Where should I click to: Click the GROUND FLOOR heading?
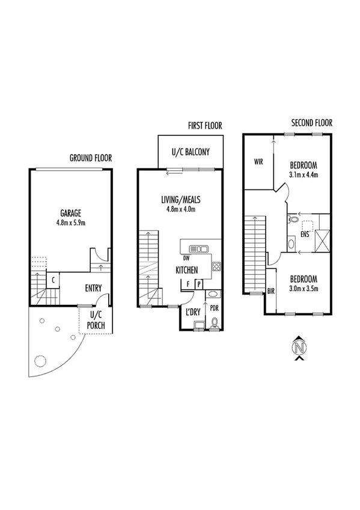(91, 158)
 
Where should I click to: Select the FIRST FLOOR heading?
(204, 126)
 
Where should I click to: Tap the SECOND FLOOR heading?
(311, 123)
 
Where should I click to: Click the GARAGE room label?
(70, 213)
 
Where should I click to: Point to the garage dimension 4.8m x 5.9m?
(70, 223)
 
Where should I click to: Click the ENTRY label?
(94, 288)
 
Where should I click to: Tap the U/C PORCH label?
(96, 321)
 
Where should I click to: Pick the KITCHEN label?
(187, 271)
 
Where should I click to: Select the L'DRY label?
(192, 312)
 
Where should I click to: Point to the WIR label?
(259, 162)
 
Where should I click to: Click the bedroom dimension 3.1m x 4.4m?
(304, 175)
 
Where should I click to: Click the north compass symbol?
(299, 348)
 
